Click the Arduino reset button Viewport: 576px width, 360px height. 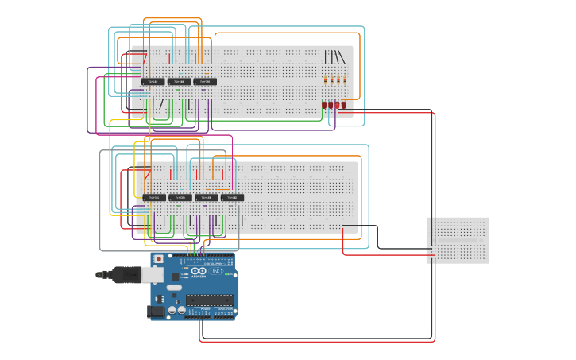click(158, 259)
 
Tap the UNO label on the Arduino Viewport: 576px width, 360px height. click(216, 272)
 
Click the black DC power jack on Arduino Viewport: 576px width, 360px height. click(157, 312)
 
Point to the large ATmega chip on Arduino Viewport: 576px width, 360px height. click(210, 300)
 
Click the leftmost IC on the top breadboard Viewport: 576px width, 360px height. click(153, 81)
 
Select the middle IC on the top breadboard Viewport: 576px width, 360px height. click(179, 81)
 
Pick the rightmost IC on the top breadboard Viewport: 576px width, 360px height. click(205, 81)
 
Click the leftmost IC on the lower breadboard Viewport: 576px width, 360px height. click(153, 197)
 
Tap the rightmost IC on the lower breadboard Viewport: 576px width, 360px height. click(232, 197)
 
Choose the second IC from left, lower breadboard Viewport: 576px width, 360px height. click(180, 197)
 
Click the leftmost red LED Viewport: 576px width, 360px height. click(324, 105)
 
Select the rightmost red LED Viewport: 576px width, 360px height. click(344, 105)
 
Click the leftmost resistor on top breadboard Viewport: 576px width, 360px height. click(326, 79)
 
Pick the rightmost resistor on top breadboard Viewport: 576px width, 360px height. click(345, 79)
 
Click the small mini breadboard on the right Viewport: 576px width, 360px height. click(458, 240)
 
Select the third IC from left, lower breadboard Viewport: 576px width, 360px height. click(206, 197)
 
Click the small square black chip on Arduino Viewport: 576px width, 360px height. click(174, 277)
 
